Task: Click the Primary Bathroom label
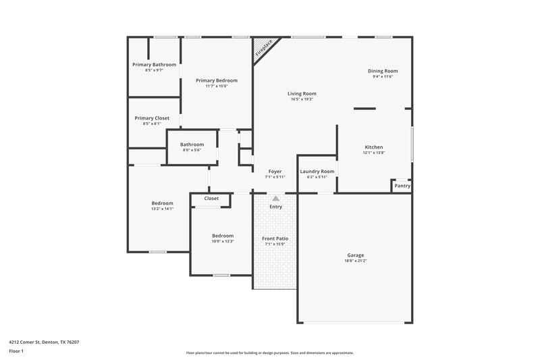point(154,65)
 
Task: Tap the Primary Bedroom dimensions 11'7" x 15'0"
point(217,86)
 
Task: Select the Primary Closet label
point(152,118)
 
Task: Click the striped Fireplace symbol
point(264,49)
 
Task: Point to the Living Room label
point(302,94)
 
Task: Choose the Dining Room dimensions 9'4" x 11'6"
point(383,76)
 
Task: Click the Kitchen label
point(374,147)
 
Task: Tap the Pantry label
point(402,186)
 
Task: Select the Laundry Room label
point(317,172)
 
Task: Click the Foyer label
point(275,172)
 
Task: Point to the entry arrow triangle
point(275,198)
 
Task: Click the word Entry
point(275,207)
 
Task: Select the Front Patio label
point(275,238)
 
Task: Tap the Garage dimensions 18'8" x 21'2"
point(356,260)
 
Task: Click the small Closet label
point(211,199)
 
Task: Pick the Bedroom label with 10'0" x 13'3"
point(223,236)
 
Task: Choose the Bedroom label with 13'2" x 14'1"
point(162,203)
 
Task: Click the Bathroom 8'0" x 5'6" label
point(192,145)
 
